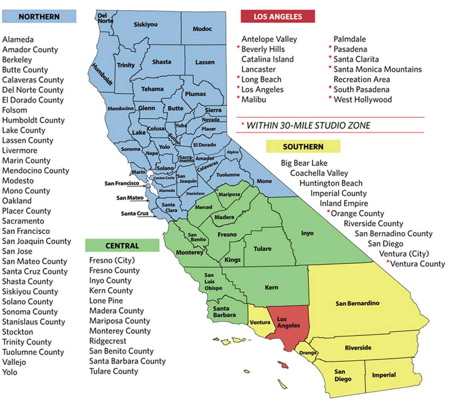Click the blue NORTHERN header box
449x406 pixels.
pyautogui.click(x=39, y=16)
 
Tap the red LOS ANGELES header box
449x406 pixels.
pyautogui.click(x=278, y=16)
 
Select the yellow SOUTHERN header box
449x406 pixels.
pyautogui.click(x=303, y=146)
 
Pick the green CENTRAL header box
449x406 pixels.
pyautogui.click(x=122, y=246)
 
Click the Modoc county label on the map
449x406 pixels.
pyautogui.click(x=202, y=29)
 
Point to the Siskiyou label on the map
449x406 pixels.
pyautogui.click(x=146, y=25)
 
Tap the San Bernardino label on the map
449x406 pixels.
pyautogui.click(x=357, y=303)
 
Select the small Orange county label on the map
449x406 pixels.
pyautogui.click(x=308, y=353)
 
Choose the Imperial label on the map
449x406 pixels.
pyautogui.click(x=384, y=375)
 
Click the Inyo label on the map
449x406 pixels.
pyautogui.click(x=307, y=233)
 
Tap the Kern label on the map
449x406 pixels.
pyautogui.click(x=271, y=287)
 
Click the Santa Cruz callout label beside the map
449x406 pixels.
pyautogui.click(x=135, y=214)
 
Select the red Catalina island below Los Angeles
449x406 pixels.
pyautogui.click(x=283, y=364)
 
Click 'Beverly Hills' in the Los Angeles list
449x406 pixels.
pyautogui.click(x=263, y=49)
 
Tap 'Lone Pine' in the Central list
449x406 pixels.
pyautogui.click(x=106, y=301)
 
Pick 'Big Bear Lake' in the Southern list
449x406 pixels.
pyautogui.click(x=304, y=163)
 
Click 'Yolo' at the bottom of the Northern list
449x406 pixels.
pyautogui.click(x=10, y=372)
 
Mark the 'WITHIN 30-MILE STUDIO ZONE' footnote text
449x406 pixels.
pyautogui.click(x=308, y=125)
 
